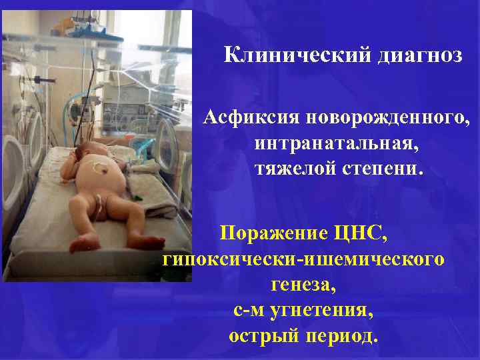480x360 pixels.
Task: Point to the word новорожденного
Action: (x=387, y=120)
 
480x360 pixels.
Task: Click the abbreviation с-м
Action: (x=248, y=310)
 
